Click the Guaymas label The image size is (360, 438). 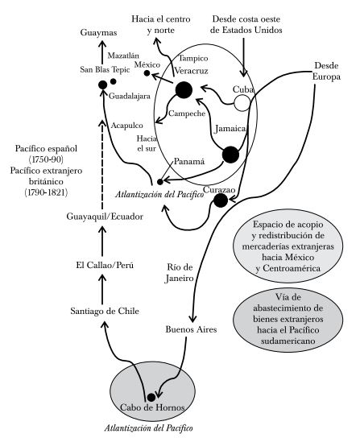[98, 32]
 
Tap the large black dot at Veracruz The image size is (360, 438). [184, 90]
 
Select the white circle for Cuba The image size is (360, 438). [242, 103]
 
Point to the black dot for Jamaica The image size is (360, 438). [230, 155]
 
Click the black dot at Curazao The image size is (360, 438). [221, 200]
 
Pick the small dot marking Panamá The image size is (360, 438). [160, 182]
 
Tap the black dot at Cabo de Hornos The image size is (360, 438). [151, 397]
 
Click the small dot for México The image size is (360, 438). [147, 73]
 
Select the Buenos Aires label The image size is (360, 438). [191, 329]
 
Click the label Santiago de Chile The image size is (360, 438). [105, 311]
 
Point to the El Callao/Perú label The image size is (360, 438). [105, 265]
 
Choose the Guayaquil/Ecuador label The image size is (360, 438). [105, 217]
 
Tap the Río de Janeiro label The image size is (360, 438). [180, 273]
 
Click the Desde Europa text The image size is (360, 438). [326, 71]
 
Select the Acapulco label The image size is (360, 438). [127, 126]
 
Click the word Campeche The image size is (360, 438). [187, 114]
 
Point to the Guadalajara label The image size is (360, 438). [130, 96]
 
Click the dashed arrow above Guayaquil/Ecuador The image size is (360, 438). [102, 165]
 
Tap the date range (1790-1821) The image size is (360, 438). [46, 192]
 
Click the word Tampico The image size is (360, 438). [193, 59]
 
